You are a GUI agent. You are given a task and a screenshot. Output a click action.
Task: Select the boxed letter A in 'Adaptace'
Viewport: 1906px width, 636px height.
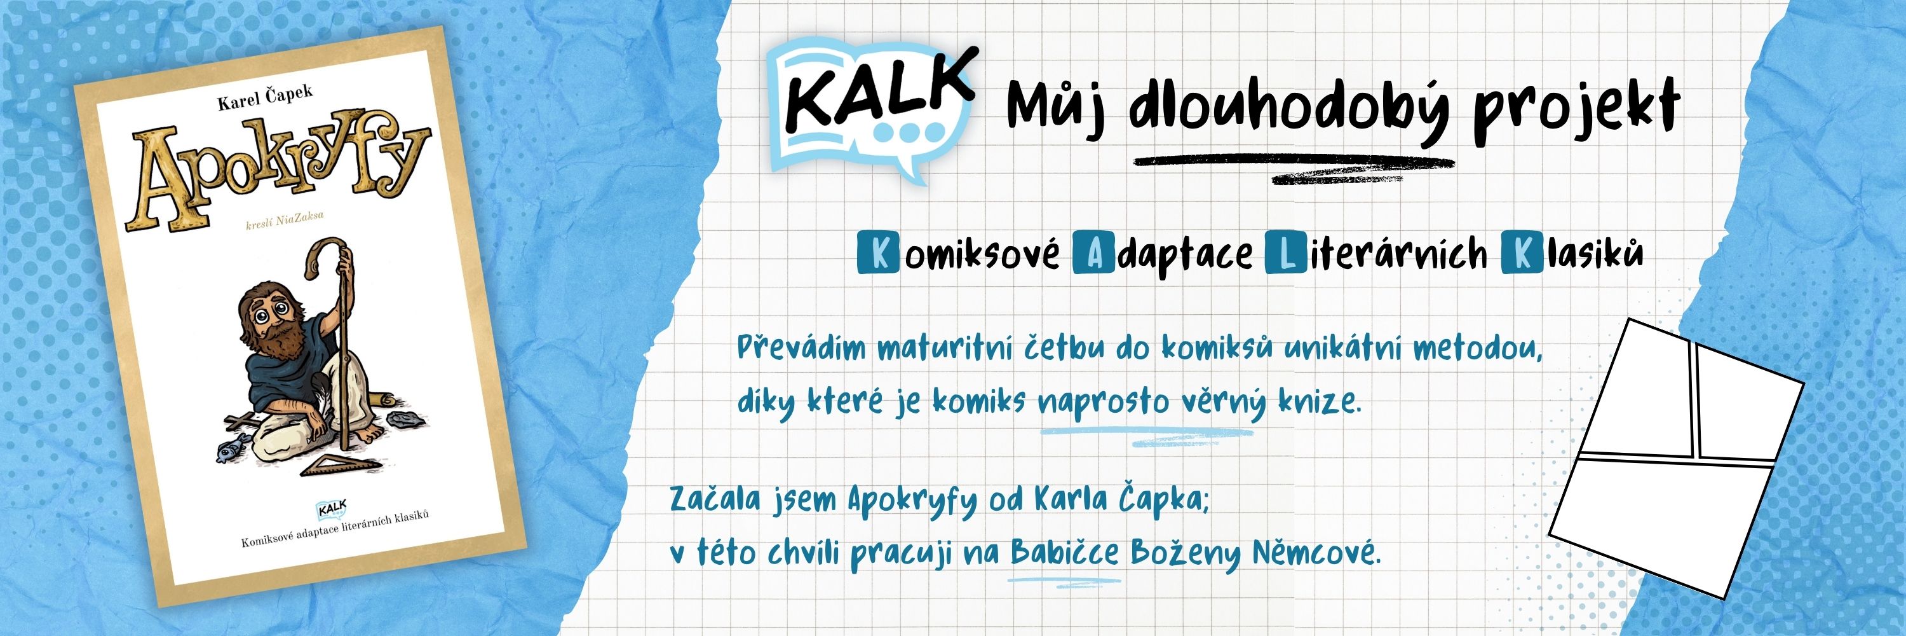pyautogui.click(x=1093, y=254)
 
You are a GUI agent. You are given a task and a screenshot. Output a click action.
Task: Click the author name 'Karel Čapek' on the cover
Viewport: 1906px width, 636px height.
pyautogui.click(x=265, y=97)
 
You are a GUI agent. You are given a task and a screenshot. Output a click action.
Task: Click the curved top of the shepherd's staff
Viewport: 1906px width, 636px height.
pyautogui.click(x=325, y=256)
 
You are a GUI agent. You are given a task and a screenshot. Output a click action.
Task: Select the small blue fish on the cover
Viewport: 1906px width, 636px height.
pyautogui.click(x=229, y=447)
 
